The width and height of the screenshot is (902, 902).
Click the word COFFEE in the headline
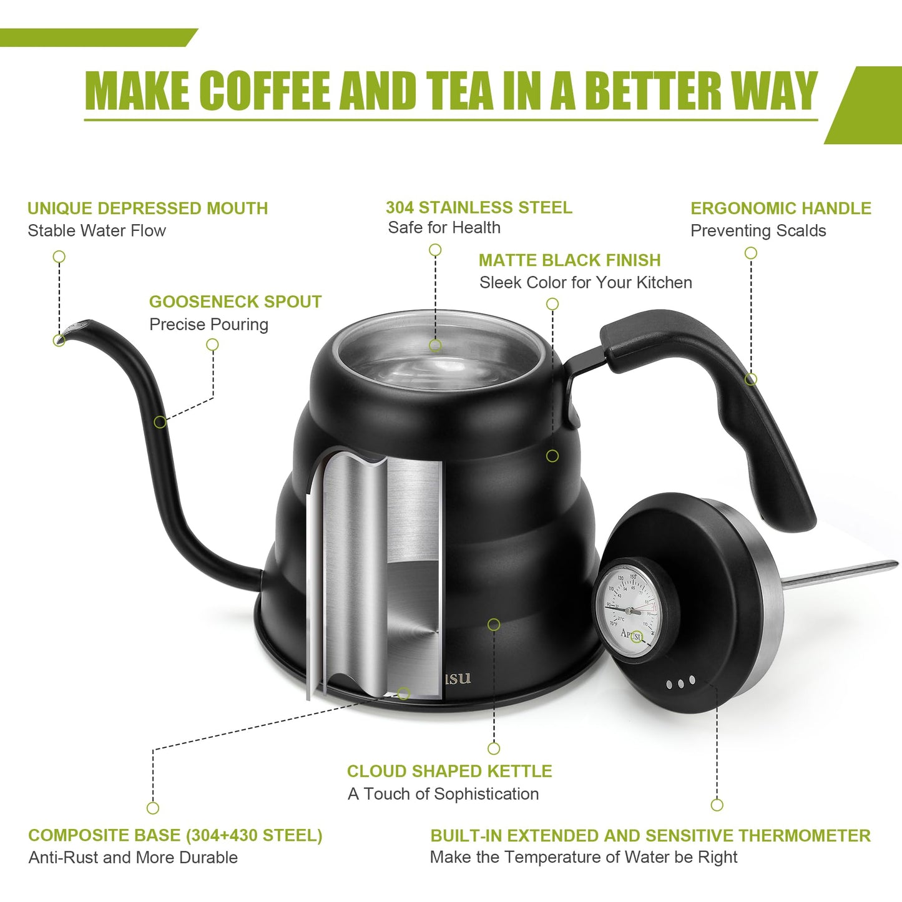267,91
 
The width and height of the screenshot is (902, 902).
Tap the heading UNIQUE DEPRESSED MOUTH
147,208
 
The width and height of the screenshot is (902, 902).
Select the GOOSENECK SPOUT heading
235,302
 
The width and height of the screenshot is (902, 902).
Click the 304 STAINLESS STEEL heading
479,208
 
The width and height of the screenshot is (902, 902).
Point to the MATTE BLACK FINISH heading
569,260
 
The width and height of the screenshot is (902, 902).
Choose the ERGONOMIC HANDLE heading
780,208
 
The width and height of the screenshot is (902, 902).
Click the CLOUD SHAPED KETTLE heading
449,772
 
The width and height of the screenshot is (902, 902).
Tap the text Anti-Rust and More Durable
133,858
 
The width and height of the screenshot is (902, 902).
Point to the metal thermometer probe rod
840,574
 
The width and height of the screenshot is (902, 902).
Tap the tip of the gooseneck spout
62,338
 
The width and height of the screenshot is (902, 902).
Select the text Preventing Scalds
758,231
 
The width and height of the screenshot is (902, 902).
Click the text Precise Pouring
208,325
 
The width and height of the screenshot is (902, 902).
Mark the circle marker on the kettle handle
751,379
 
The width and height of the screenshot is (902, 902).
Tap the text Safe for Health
444,228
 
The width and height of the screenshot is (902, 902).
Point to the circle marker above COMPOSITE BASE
153,808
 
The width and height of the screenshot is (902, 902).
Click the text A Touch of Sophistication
443,794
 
